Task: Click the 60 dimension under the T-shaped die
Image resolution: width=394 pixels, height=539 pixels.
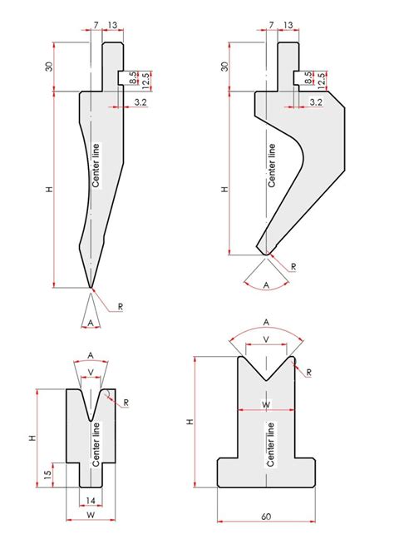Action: pyautogui.click(x=266, y=517)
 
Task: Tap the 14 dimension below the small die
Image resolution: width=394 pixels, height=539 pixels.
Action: pyautogui.click(x=91, y=500)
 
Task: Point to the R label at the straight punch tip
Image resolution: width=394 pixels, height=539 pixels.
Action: pyautogui.click(x=121, y=307)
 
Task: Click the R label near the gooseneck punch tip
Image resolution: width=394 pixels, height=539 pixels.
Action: pyautogui.click(x=293, y=266)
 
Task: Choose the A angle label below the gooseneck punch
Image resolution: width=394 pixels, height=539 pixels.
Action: pyautogui.click(x=265, y=283)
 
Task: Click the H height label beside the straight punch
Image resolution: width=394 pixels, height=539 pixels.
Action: pyautogui.click(x=51, y=190)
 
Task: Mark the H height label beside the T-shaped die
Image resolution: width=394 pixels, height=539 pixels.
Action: pyautogui.click(x=190, y=422)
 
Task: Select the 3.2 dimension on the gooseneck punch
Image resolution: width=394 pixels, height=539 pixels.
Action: pyautogui.click(x=316, y=101)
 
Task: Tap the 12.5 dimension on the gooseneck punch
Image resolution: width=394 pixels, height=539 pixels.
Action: pyautogui.click(x=320, y=81)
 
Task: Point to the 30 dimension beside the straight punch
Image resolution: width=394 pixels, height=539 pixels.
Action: pyautogui.click(x=51, y=66)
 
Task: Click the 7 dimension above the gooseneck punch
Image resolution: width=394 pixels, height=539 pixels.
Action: pyautogui.click(x=271, y=25)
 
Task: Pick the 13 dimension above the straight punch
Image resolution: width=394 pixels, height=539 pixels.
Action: pyautogui.click(x=112, y=25)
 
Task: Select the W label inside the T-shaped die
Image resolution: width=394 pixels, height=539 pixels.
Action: pyautogui.click(x=265, y=404)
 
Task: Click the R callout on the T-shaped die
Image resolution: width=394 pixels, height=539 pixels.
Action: pyautogui.click(x=308, y=372)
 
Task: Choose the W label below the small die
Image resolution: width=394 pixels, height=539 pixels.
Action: pyautogui.click(x=91, y=516)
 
